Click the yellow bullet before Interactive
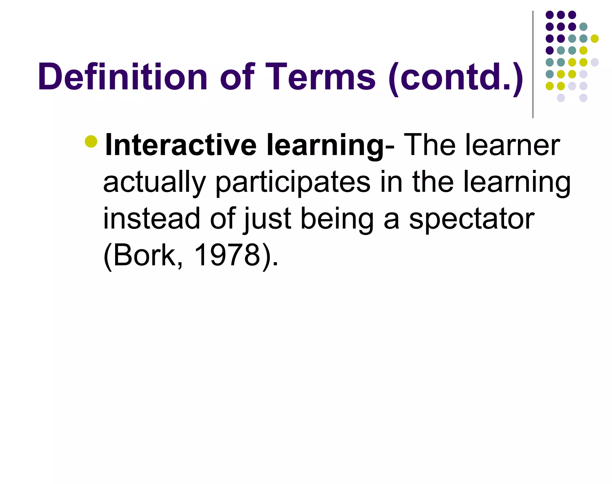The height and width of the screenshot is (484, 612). pyautogui.click(x=91, y=141)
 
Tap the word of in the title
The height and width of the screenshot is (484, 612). pyautogui.click(x=238, y=77)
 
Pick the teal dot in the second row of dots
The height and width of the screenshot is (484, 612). pyautogui.click(x=583, y=27)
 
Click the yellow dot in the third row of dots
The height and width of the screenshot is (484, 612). pyautogui.click(x=595, y=39)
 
